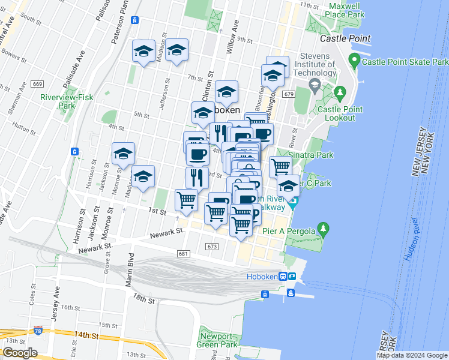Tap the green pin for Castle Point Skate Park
coord(354,61)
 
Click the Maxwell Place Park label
coord(346,10)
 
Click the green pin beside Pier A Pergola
coord(324,228)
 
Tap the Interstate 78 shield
coord(38,331)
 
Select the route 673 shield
coord(211,247)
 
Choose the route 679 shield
coord(289,94)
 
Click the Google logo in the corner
coord(20,353)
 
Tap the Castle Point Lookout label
coord(340,113)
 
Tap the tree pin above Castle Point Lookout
coord(340,93)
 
